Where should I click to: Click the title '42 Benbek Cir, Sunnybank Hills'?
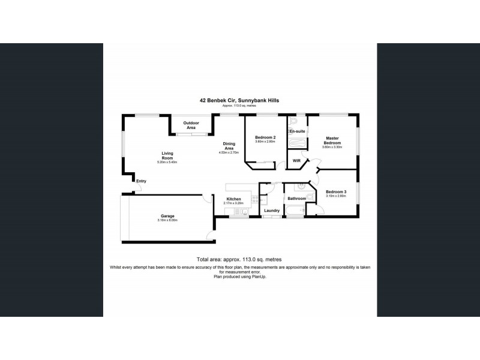(239, 101)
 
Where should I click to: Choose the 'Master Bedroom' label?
(332, 140)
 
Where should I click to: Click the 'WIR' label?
(296, 161)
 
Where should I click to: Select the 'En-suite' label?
(298, 130)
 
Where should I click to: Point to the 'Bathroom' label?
(297, 198)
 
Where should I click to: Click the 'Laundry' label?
(272, 211)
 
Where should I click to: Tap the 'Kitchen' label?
(233, 199)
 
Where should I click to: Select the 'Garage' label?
(167, 216)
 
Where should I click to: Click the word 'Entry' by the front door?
(141, 181)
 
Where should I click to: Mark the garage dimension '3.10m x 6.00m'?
(167, 220)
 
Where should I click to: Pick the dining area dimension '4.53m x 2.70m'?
(229, 152)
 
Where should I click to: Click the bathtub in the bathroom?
(295, 210)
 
